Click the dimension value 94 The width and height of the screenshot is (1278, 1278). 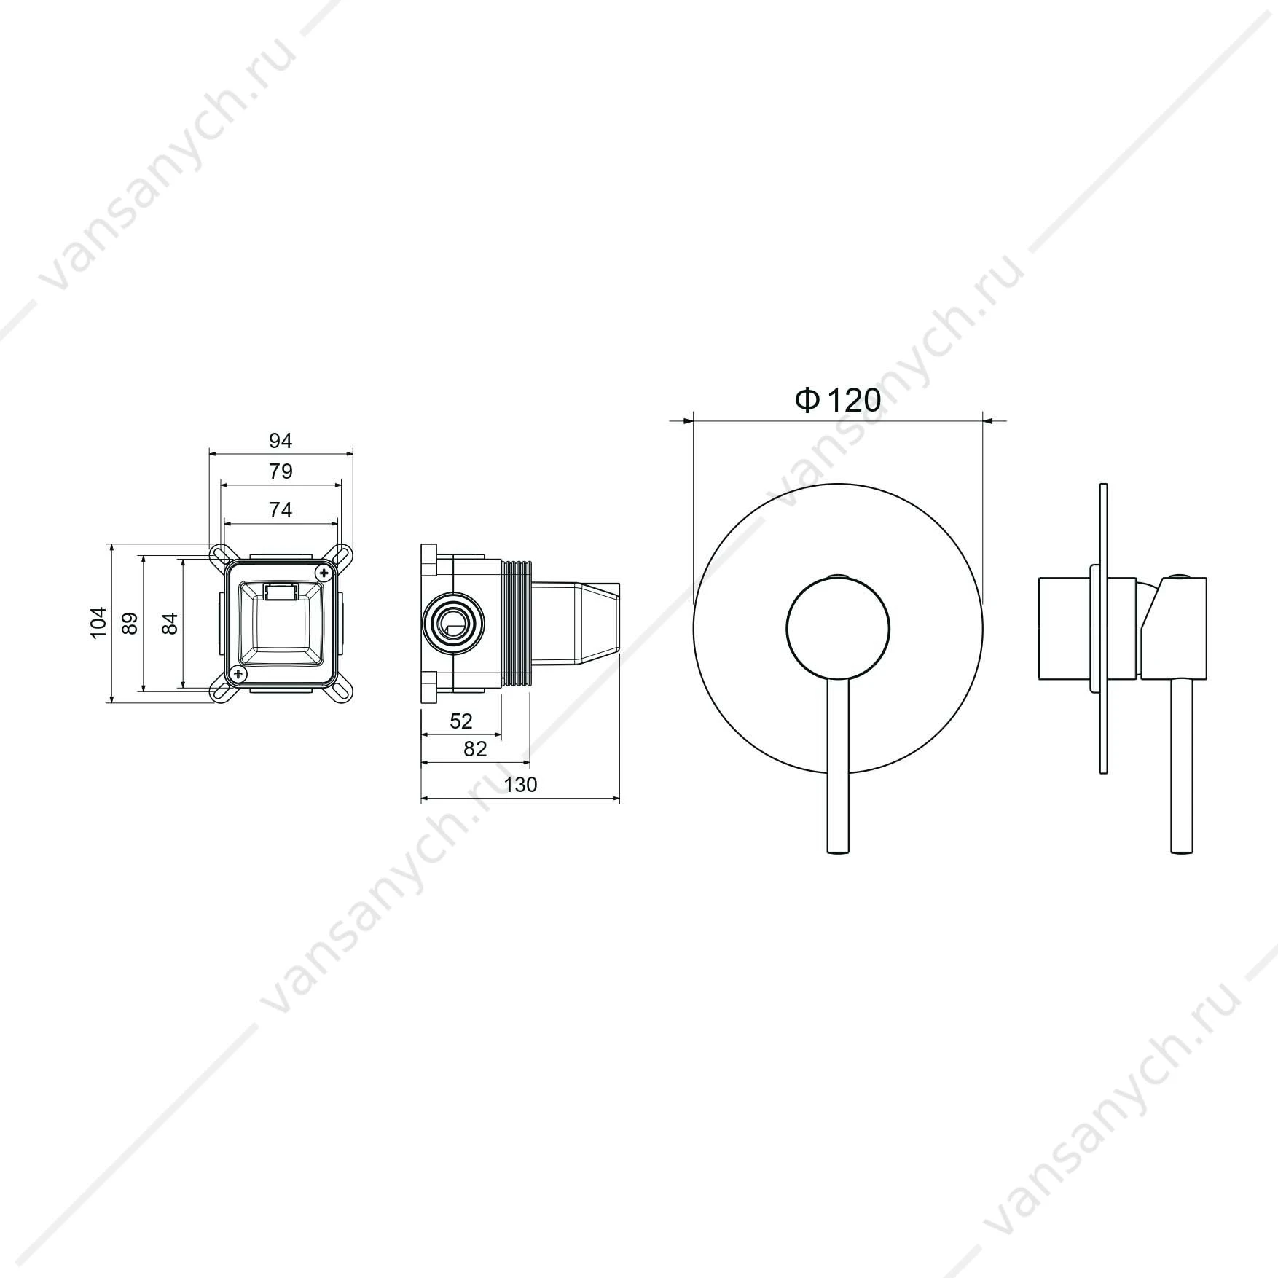click(x=281, y=441)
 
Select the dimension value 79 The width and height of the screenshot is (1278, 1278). click(x=281, y=471)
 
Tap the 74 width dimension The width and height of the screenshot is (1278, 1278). click(x=281, y=510)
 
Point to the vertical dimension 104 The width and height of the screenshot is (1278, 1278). click(x=98, y=623)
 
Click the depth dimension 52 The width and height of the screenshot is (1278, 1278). click(x=461, y=721)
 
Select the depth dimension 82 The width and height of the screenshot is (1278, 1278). click(x=475, y=748)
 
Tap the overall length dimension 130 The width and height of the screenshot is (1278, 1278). click(x=520, y=784)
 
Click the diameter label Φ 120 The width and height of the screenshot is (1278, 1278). click(x=837, y=400)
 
